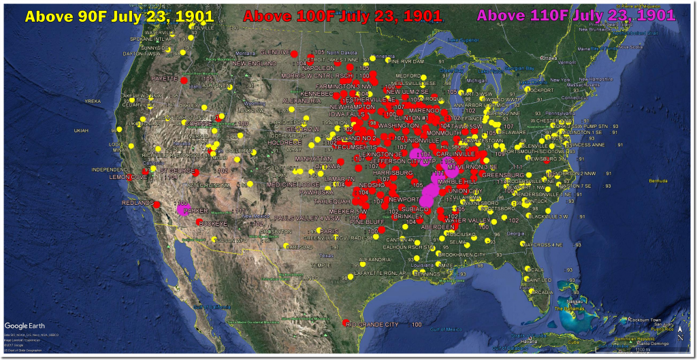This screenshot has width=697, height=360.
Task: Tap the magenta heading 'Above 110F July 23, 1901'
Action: click(577, 15)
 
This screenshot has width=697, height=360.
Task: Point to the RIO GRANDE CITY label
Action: click(373, 325)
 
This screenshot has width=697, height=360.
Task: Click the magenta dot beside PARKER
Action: click(181, 210)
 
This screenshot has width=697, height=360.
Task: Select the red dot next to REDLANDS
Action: click(157, 204)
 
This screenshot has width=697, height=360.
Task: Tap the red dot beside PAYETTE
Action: click(183, 80)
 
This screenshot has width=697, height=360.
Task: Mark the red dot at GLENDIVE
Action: click(294, 53)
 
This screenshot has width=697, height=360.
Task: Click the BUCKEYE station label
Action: click(214, 223)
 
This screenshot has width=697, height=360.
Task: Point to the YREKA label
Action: click(92, 101)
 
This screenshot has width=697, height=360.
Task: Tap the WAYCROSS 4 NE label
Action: click(547, 244)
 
